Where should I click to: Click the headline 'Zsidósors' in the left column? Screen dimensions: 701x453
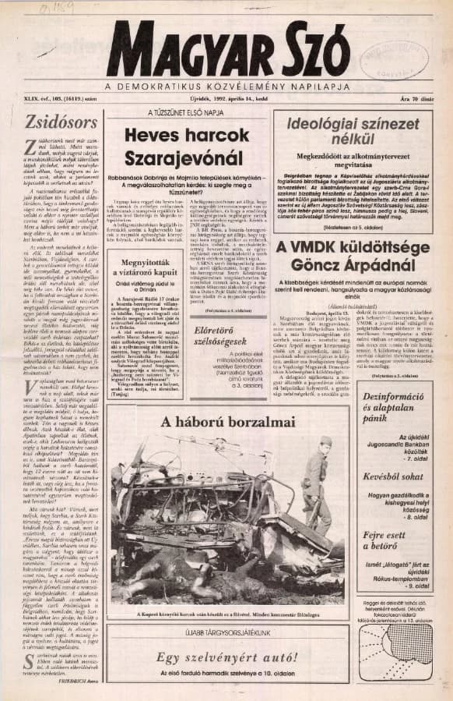click(50, 122)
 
